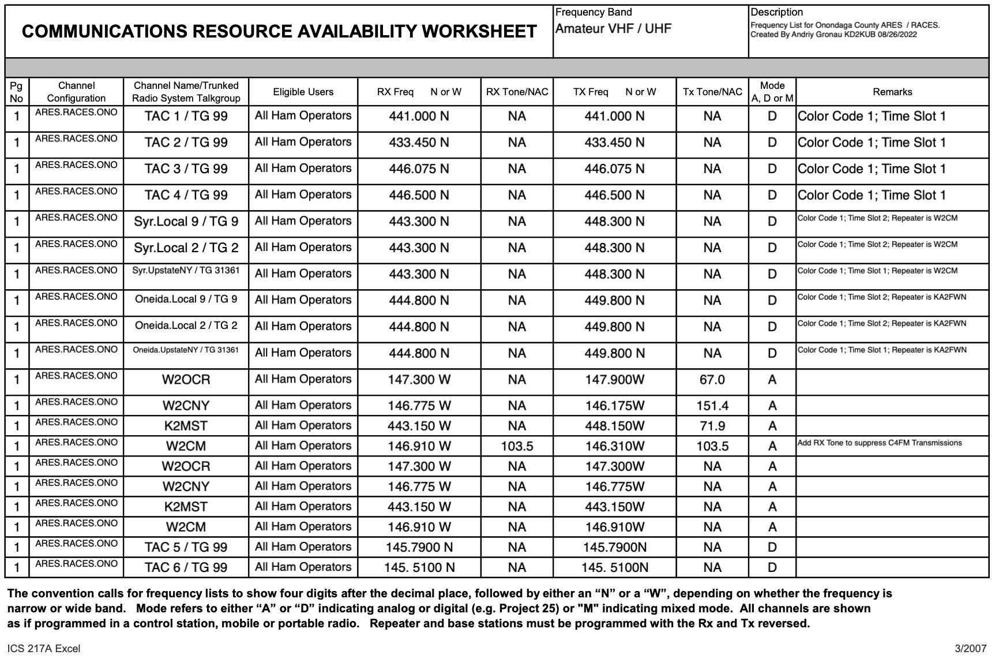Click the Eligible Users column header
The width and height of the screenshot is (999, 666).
pos(303,92)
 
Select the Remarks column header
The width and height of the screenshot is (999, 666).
pos(892,92)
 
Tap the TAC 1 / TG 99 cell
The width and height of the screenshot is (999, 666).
pos(186,116)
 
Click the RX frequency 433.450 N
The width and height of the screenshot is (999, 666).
pos(419,143)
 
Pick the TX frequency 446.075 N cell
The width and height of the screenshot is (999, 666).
pos(614,169)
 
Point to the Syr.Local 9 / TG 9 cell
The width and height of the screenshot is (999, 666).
pos(186,222)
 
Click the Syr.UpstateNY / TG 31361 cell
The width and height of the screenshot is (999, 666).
pos(186,270)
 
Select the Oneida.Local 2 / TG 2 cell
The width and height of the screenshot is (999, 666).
pos(186,325)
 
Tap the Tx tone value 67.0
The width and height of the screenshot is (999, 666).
pos(712,380)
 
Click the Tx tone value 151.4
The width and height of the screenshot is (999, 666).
pos(712,406)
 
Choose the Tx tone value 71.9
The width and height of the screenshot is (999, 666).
pos(712,426)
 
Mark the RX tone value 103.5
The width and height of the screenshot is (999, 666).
pos(517,446)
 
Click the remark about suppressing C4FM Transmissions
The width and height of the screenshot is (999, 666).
pos(880,443)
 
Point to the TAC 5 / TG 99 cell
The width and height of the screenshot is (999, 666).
pos(186,547)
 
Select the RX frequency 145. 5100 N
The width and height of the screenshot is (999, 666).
pos(419,567)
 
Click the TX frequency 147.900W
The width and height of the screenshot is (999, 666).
pos(614,380)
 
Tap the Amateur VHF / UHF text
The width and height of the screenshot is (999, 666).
pos(613,29)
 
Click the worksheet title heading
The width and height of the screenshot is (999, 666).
pos(279,32)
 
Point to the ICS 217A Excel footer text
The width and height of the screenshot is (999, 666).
pos(44,649)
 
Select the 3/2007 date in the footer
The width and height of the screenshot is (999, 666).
pos(971,649)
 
